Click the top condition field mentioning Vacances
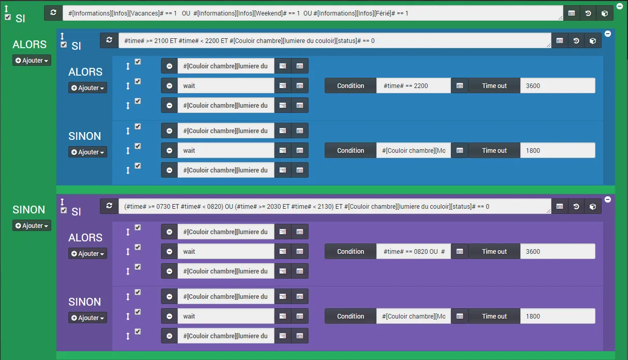[313, 13]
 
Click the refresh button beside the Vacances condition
[53, 13]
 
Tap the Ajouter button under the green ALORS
[32, 60]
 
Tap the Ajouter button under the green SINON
[32, 226]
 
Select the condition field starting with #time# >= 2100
[335, 41]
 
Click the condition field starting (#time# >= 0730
[335, 207]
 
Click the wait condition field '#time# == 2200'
[413, 85]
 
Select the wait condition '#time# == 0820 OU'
[413, 251]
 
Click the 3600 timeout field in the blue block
[558, 85]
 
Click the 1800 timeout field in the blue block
[558, 150]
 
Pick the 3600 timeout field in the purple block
[558, 251]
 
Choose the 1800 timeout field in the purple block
[558, 316]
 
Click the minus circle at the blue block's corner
[608, 34]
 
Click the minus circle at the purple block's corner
[608, 199]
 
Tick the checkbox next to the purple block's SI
[64, 210]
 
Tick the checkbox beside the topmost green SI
[8, 17]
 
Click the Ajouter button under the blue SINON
[87, 152]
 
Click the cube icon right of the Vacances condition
[605, 13]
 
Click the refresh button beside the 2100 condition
[109, 40]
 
